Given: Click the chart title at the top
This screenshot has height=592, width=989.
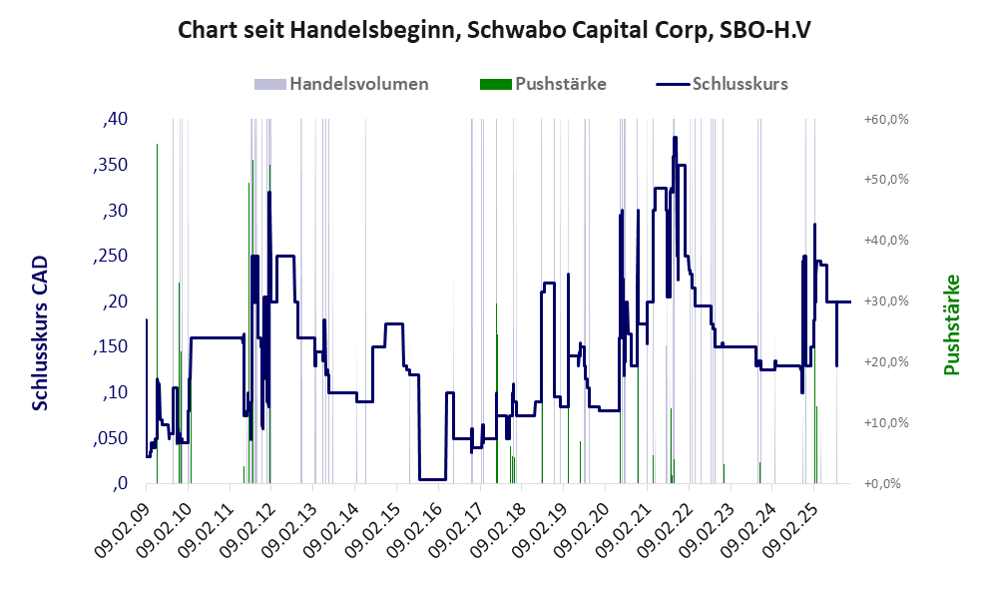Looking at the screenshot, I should tap(494, 31).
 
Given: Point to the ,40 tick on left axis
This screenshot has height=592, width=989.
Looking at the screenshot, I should tap(115, 120).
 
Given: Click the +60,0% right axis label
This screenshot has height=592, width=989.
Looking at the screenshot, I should tap(884, 120).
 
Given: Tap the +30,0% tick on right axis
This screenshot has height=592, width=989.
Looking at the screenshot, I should tap(884, 301).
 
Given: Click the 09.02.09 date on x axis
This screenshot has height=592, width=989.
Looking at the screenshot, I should tap(123, 526).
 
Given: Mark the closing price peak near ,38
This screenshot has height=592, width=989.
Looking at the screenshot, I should tap(676, 138).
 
